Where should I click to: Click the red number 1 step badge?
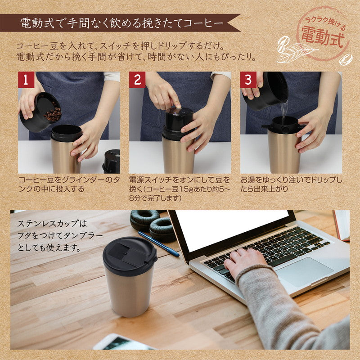tap(26, 80)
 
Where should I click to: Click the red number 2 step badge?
tap(137, 80)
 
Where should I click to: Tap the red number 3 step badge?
tap(248, 80)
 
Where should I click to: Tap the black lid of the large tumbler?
tap(129, 255)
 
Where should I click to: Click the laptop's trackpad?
tap(306, 271)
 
